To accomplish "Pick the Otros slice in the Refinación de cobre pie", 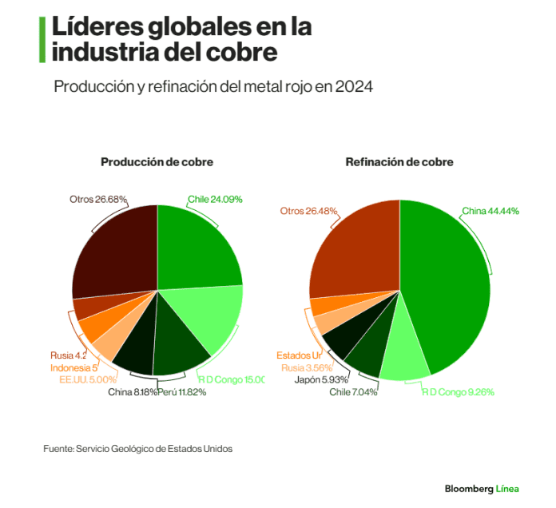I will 351,248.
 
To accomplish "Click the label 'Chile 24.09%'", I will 215,199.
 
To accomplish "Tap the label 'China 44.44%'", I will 490,211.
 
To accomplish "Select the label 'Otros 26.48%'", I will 308,211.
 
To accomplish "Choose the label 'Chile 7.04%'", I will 353,391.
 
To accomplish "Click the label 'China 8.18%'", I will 132,391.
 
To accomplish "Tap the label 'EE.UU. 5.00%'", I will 89,379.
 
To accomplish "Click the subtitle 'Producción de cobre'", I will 157,162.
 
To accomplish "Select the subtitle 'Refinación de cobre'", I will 399,162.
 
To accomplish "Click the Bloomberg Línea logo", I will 482,488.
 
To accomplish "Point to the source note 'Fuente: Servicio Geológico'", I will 138,449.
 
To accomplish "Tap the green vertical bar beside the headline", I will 42,39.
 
